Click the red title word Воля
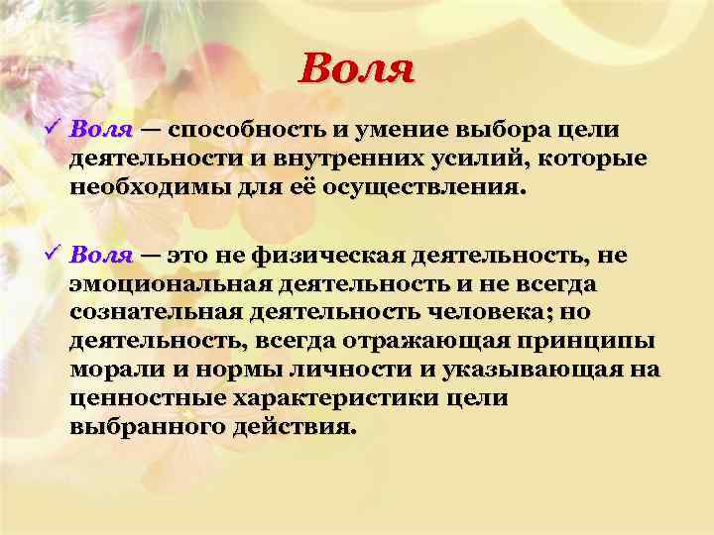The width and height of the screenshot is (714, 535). [356, 68]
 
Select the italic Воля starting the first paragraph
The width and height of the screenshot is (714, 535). [102, 131]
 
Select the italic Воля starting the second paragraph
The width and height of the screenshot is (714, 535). [102, 256]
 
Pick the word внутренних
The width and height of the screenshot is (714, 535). [328, 160]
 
